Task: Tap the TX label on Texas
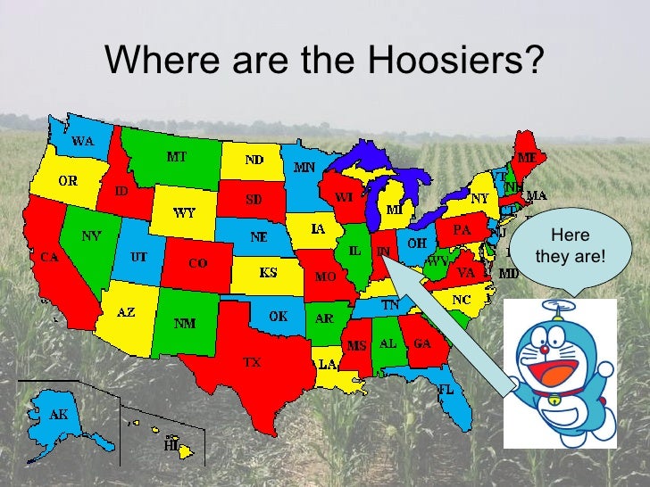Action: tap(253, 363)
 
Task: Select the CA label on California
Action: tap(49, 257)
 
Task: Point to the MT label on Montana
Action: tap(177, 157)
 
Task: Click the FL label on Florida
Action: tap(446, 391)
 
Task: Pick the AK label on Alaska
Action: tap(58, 415)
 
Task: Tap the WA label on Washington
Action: tap(83, 141)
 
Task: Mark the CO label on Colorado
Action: tap(197, 264)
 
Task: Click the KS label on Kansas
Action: tap(267, 272)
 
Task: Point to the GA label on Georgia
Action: tap(422, 343)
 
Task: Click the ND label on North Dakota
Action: tap(254, 160)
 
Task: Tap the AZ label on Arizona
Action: tap(126, 312)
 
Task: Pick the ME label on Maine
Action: tap(528, 158)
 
